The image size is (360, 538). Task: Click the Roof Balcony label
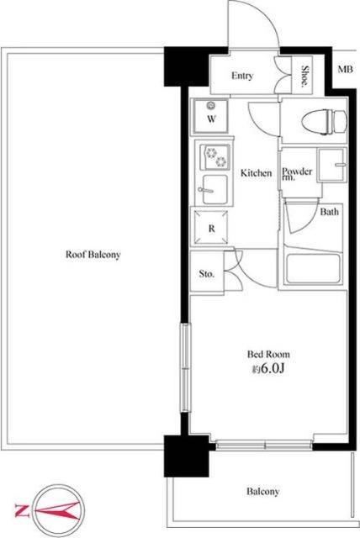93,255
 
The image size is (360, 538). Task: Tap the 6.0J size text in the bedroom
273,368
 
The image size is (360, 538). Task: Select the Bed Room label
268,354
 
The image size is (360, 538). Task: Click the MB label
345,69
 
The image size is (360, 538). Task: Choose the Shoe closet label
304,76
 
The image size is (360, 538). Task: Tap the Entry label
242,76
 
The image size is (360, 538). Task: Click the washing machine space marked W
211,116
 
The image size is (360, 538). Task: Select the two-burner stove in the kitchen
215,157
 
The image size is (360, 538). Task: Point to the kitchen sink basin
214,190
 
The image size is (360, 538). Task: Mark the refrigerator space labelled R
211,228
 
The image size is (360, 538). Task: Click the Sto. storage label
207,274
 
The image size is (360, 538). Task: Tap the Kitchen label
256,172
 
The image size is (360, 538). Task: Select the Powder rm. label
297,174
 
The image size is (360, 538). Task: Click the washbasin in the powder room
331,165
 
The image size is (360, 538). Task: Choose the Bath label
329,212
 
